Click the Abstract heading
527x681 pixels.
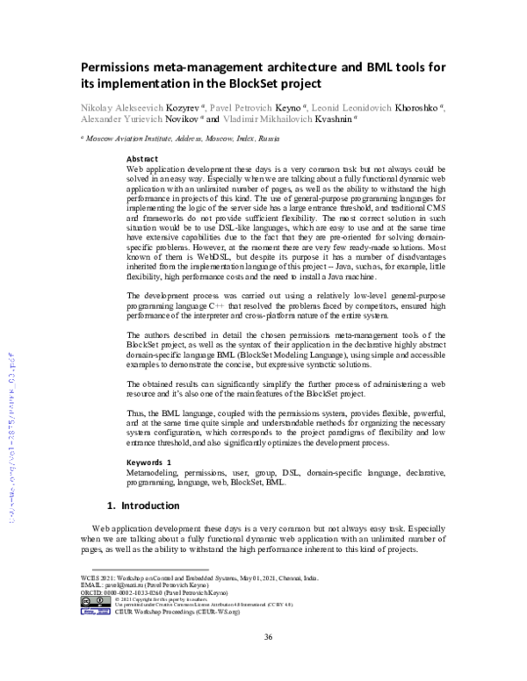point(143,158)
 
